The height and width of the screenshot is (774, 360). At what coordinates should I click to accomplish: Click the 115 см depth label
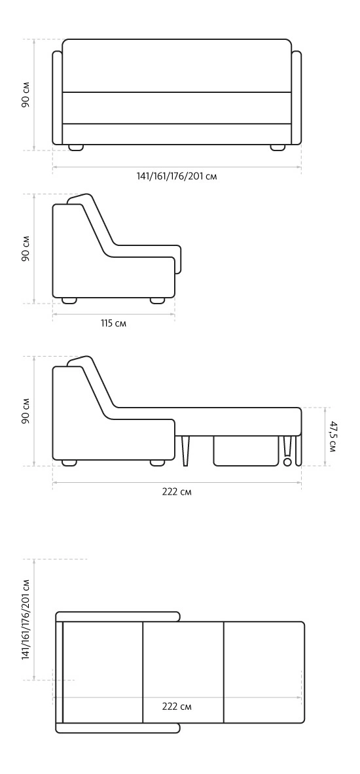click(x=113, y=323)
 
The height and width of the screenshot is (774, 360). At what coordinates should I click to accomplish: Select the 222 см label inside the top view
click(x=177, y=707)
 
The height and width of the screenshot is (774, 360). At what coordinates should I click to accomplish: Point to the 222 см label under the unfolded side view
click(x=177, y=491)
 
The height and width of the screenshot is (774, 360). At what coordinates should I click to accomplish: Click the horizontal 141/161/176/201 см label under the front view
click(x=176, y=176)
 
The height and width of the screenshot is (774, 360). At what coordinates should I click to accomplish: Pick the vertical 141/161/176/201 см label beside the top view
click(x=26, y=620)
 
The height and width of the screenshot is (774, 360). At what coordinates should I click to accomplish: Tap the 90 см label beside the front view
click(x=26, y=94)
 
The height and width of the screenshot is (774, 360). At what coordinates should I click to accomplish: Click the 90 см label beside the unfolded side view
click(x=26, y=411)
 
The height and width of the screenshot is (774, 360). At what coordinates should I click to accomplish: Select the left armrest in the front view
click(x=58, y=97)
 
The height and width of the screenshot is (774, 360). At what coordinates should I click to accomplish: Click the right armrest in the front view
click(x=297, y=97)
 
